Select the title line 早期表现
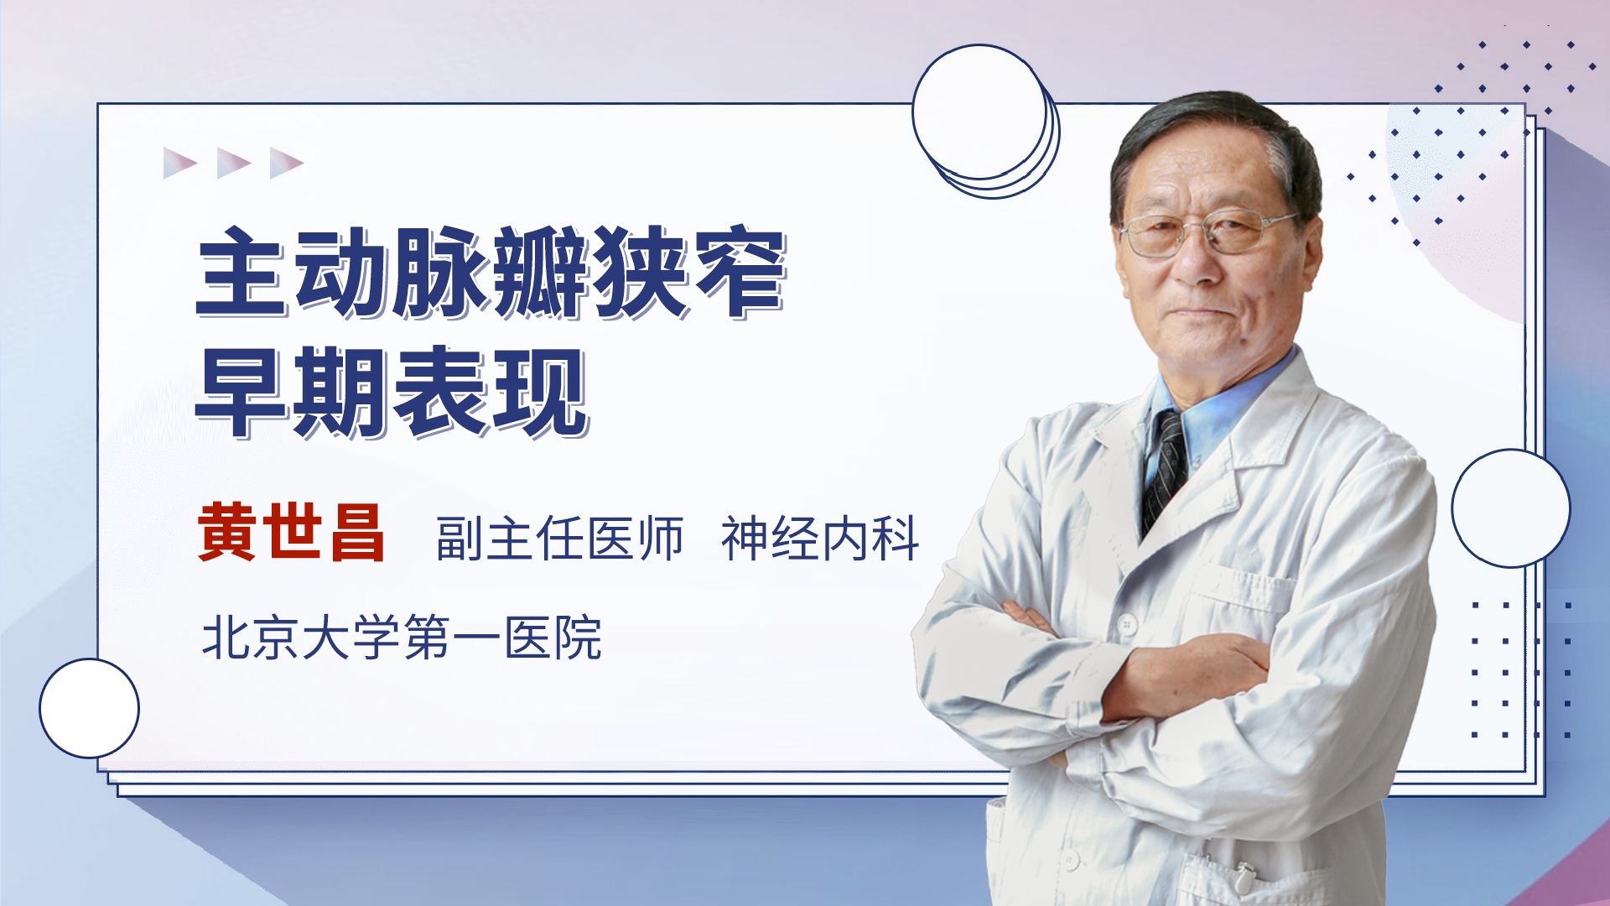tap(392, 392)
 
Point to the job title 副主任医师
tap(559, 538)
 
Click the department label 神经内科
tap(820, 538)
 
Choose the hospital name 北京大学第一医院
tap(402, 638)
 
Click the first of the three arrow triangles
tap(179, 163)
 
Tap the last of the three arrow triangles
tap(286, 163)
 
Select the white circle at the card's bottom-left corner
tap(89, 708)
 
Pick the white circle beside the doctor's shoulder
tap(1511, 508)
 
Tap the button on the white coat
tap(1127, 624)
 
